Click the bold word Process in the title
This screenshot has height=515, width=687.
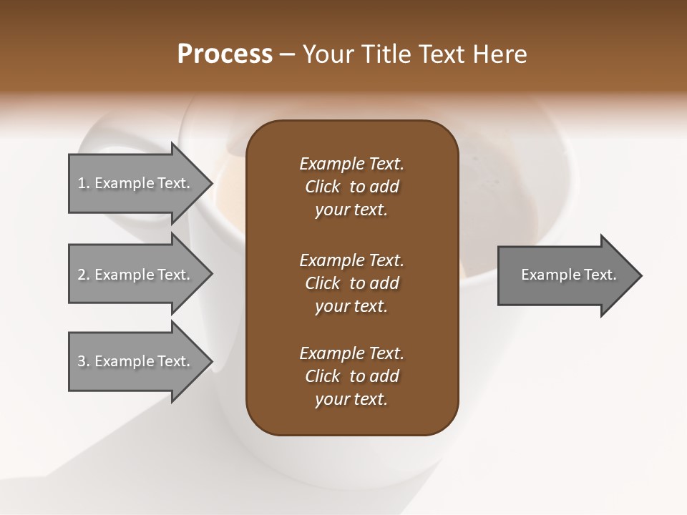coord(225,54)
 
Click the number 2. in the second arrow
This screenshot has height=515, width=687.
coord(84,275)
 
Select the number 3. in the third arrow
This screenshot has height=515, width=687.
coord(84,361)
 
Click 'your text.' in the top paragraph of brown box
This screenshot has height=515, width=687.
coord(351,210)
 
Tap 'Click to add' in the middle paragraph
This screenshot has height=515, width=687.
coord(351,283)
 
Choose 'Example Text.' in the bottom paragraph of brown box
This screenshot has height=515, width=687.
coord(351,353)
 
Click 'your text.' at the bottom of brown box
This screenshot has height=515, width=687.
coord(351,400)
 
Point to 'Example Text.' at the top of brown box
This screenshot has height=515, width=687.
coord(351,164)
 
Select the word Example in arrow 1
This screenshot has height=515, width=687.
coord(124,183)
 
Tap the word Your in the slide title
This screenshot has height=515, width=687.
coord(326,54)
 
